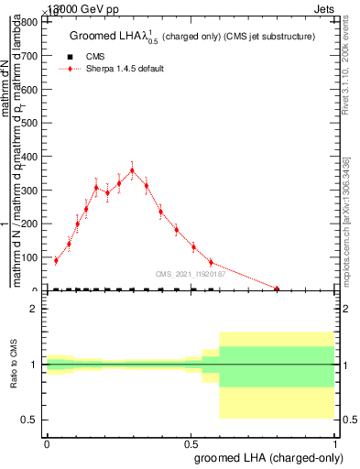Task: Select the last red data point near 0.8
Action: (277, 289)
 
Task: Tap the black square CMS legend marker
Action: (71, 57)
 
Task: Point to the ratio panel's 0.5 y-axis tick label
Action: (30, 420)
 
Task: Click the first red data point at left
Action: (56, 260)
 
